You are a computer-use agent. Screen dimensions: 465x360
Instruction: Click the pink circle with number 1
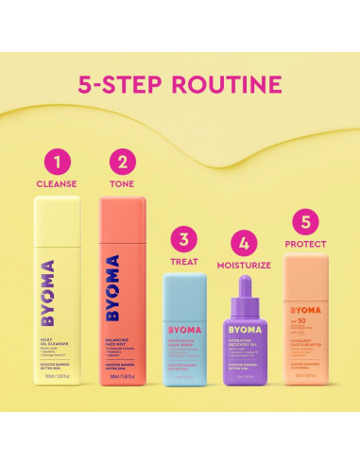pos(57,162)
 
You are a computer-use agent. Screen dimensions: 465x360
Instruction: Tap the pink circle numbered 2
pos(123,162)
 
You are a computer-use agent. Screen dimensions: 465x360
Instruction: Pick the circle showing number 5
pos(303,224)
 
